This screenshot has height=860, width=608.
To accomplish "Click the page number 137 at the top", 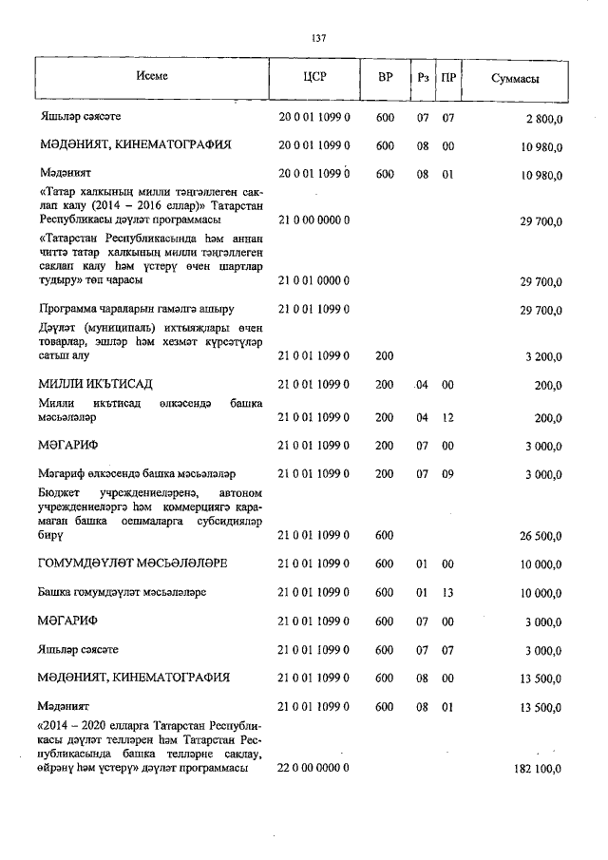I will pyautogui.click(x=318, y=38).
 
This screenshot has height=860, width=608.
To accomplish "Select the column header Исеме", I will pyautogui.click(x=151, y=76).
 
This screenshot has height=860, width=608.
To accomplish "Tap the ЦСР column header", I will pyautogui.click(x=314, y=77).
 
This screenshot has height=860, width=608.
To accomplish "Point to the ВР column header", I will pyautogui.click(x=385, y=77).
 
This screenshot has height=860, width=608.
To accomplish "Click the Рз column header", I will pyautogui.click(x=423, y=77).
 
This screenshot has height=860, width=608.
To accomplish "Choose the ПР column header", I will pyautogui.click(x=448, y=77).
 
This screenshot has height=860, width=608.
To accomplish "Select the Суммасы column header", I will pyautogui.click(x=516, y=78).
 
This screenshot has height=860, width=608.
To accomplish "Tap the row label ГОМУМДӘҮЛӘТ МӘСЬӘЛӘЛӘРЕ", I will pyautogui.click(x=133, y=563).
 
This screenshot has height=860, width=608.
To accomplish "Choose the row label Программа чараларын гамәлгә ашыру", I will pyautogui.click(x=137, y=309).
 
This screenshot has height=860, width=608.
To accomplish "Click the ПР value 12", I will pyautogui.click(x=448, y=417).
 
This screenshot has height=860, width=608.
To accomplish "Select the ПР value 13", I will pyautogui.click(x=448, y=593).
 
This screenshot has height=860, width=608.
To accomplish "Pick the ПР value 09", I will pyautogui.click(x=448, y=473).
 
